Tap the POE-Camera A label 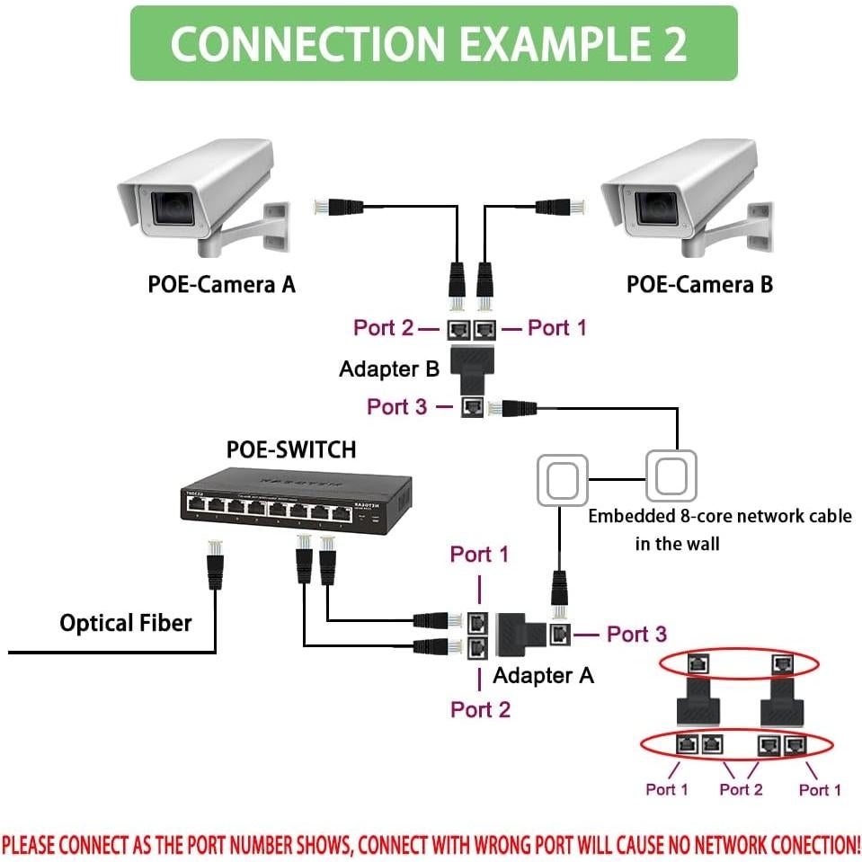coord(221,284)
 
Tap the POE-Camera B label coord(699,284)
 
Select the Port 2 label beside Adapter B coord(384,328)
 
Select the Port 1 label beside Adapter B coord(556,328)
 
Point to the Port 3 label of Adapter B coord(396,406)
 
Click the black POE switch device coord(298,499)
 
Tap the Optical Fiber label coord(125,623)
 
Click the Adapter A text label coord(543,675)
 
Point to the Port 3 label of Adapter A coord(636,635)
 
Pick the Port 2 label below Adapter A coord(480,709)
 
